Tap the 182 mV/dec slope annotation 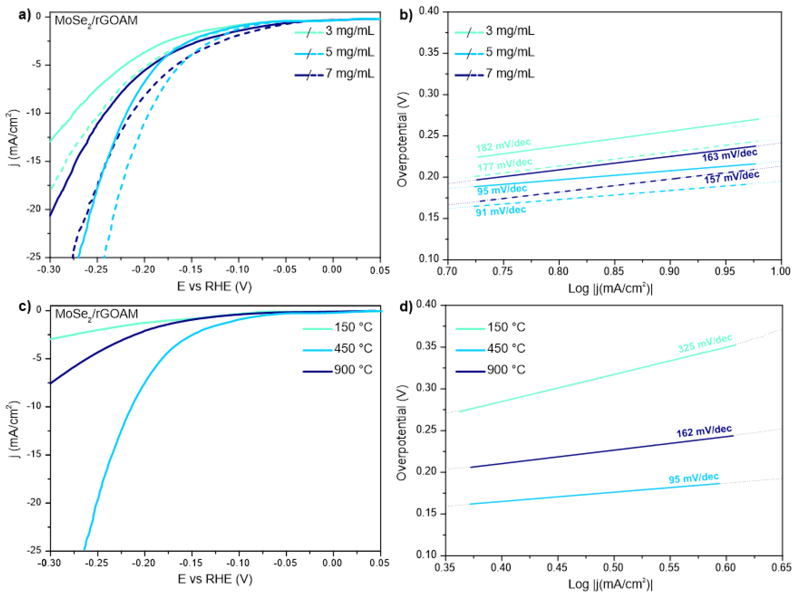coord(503,145)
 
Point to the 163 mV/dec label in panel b coord(730,155)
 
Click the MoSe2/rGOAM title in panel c coord(96,314)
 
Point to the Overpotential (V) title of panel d coord(401,433)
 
